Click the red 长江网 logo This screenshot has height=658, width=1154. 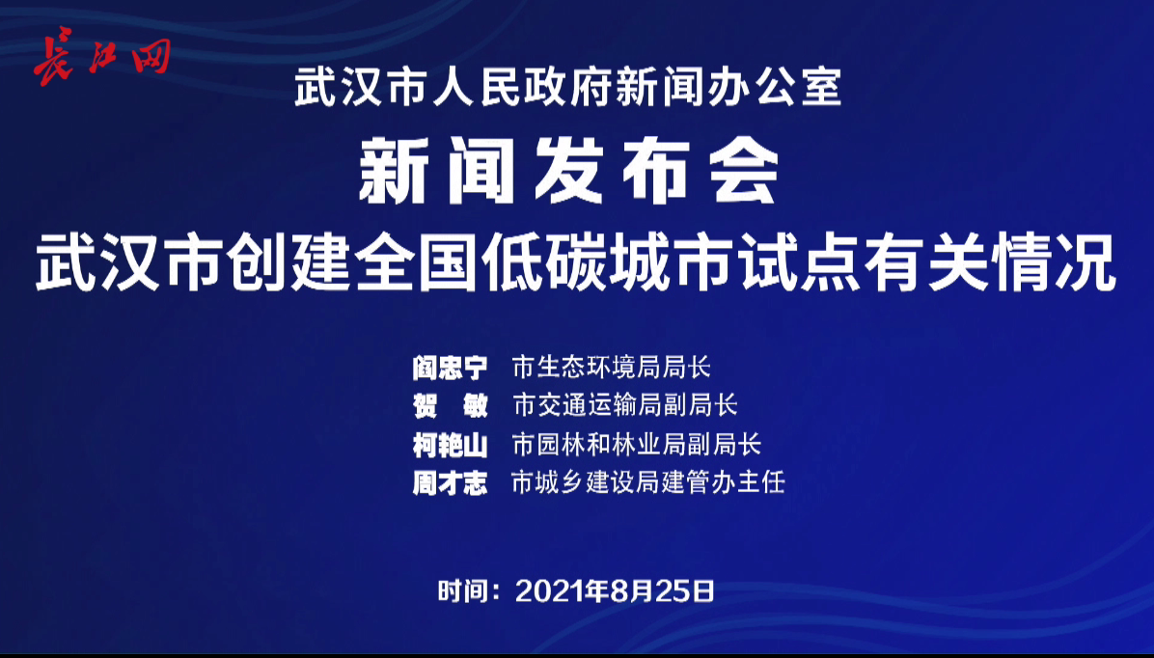click(x=101, y=57)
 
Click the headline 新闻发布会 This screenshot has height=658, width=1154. click(x=569, y=171)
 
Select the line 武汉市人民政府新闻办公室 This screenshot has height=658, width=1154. click(x=567, y=88)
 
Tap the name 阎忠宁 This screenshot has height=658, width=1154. click(x=450, y=367)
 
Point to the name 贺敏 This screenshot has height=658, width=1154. click(x=450, y=405)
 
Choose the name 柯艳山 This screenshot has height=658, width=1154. click(x=450, y=444)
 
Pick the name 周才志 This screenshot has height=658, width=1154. click(x=450, y=482)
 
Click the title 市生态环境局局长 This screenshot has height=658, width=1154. click(x=612, y=367)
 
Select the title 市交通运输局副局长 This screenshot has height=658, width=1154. click(x=625, y=405)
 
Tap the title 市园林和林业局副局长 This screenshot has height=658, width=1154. click(x=637, y=444)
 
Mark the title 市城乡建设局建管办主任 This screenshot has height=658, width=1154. click(x=648, y=482)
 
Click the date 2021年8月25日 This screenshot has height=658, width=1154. click(x=616, y=591)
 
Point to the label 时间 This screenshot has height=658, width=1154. click(x=460, y=591)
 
